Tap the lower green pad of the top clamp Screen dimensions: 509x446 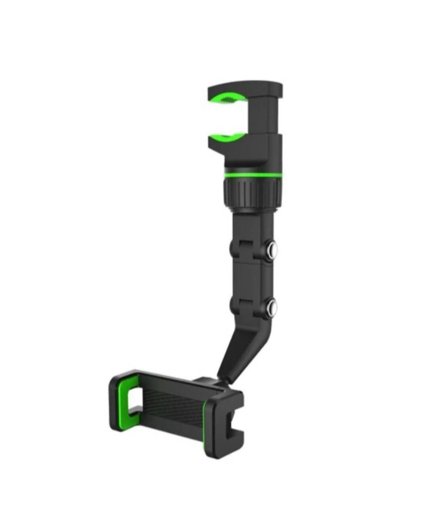(x=230, y=137)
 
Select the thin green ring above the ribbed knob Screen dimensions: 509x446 (x=253, y=175)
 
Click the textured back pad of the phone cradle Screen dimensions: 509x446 (x=173, y=409)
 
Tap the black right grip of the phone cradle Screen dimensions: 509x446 (x=225, y=425)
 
